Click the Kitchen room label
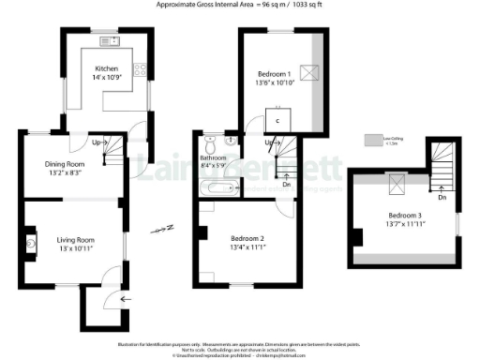coord(104,69)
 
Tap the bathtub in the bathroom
coord(217,189)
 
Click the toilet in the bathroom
coord(213,144)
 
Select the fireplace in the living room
coord(34,245)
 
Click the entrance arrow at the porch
coord(127,300)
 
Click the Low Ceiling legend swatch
coord(373,141)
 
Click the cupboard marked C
coord(278,119)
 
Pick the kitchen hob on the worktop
coord(140,68)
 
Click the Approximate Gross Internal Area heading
coord(240,5)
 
